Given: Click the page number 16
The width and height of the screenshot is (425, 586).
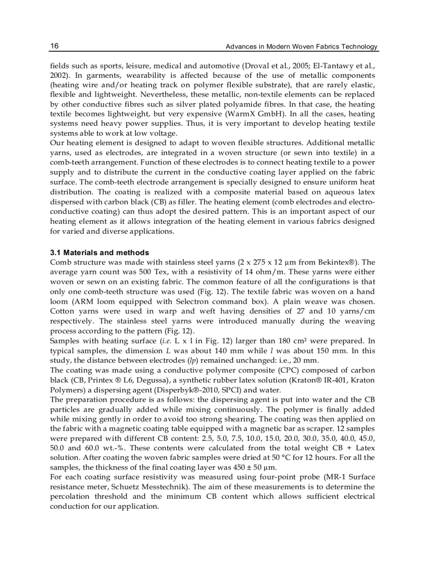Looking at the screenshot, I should click(54, 46).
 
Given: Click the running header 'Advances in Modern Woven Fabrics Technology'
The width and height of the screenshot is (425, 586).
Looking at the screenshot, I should click(302, 47).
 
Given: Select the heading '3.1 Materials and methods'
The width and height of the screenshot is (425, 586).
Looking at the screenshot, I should click(99, 253).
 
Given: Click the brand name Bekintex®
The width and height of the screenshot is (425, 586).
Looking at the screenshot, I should click(349, 262).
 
